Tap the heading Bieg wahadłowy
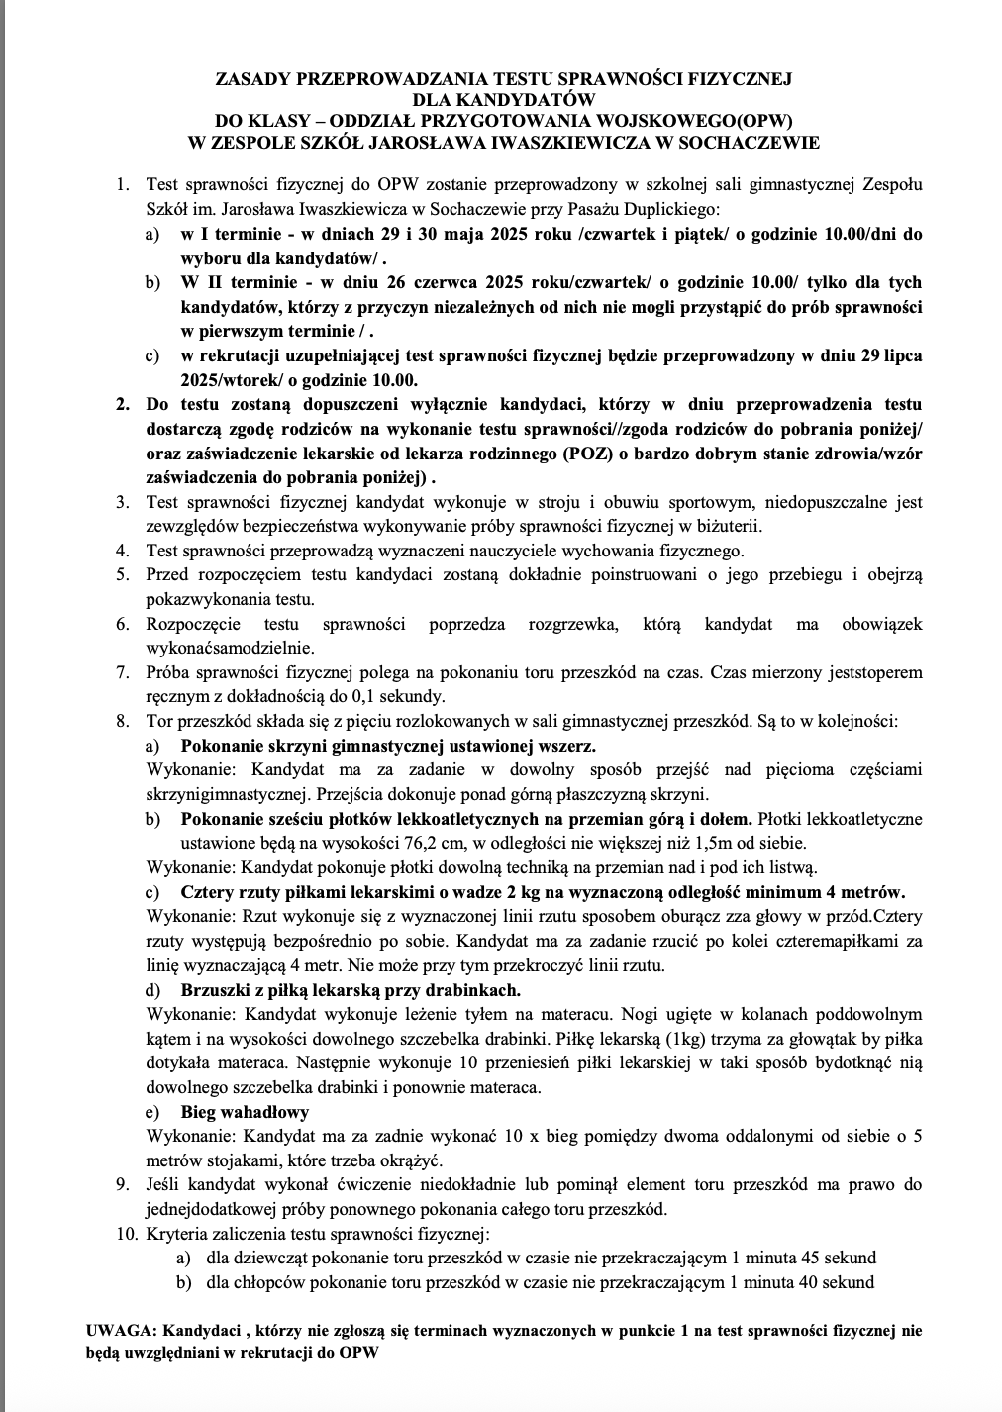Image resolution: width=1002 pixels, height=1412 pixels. click(x=245, y=1112)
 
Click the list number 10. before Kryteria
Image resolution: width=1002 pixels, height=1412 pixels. click(x=126, y=1234)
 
